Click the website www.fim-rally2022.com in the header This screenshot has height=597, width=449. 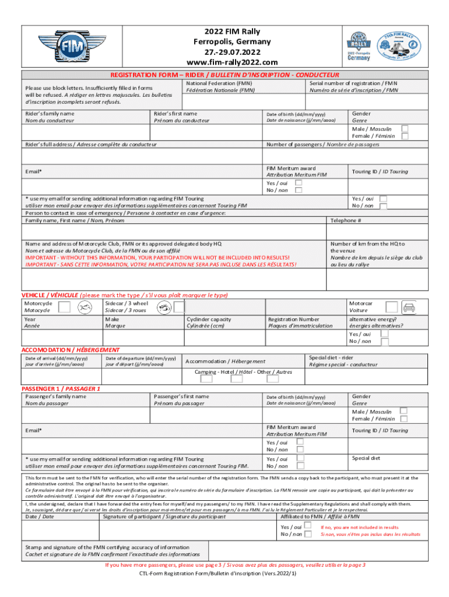point(232,62)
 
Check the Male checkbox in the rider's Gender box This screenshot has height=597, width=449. point(405,128)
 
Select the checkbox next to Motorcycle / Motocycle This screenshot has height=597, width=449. point(65,307)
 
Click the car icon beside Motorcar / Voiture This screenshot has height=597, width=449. point(408,307)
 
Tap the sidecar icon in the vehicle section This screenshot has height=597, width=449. point(164,307)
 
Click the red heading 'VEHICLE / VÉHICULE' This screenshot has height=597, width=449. point(50,296)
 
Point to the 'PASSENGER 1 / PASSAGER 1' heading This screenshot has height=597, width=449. point(61,388)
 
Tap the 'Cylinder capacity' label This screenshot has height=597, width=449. point(208,319)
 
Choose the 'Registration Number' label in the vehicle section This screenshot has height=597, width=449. point(293,319)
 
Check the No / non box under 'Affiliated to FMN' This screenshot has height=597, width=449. point(308,533)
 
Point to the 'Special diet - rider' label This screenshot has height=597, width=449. point(331,357)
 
